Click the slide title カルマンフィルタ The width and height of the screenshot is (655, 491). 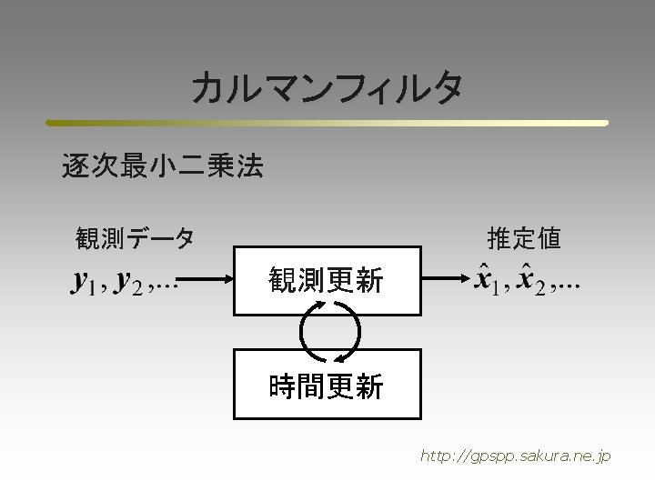click(x=327, y=88)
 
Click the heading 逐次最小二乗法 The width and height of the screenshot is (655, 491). click(x=162, y=166)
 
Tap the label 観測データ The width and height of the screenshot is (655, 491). click(x=135, y=239)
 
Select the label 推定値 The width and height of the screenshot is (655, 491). click(x=523, y=239)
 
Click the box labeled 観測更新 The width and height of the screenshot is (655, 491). click(x=327, y=280)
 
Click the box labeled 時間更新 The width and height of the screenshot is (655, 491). click(x=327, y=384)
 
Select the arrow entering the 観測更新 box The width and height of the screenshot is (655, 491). click(x=205, y=281)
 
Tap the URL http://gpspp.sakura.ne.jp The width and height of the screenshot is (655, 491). click(x=515, y=456)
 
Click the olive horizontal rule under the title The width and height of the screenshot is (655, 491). click(x=327, y=123)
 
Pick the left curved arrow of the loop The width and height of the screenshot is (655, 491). click(x=306, y=332)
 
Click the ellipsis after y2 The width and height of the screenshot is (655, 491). click(x=164, y=287)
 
